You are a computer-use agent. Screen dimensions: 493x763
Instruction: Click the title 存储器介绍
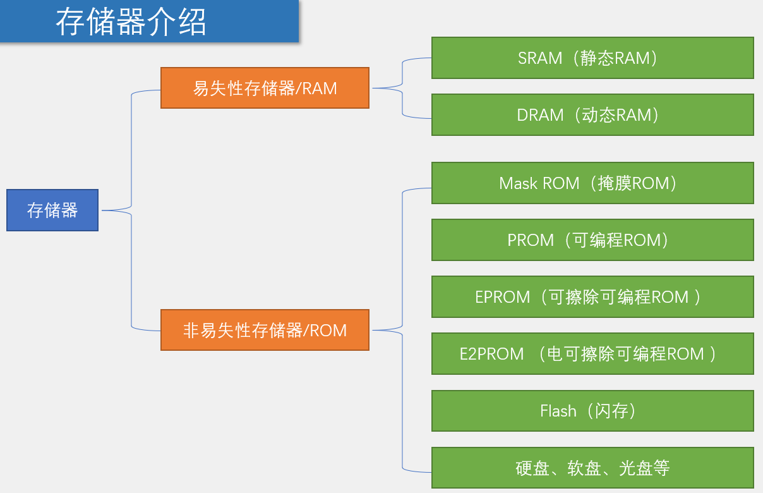[131, 21]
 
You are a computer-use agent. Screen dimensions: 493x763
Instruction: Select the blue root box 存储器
[52, 210]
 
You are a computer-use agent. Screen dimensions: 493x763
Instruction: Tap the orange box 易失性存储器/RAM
[265, 88]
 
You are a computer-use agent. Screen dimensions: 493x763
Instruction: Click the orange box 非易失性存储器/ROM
[265, 329]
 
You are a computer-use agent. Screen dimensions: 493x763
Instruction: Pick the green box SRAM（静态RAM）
[592, 58]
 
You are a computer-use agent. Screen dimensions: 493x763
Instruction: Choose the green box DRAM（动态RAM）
[592, 114]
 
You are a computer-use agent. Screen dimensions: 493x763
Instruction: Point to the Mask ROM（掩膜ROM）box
[592, 183]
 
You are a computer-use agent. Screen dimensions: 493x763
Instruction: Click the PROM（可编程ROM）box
[592, 240]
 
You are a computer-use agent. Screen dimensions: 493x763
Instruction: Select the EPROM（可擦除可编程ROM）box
[592, 296]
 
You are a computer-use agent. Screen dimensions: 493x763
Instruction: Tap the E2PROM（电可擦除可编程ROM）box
[592, 353]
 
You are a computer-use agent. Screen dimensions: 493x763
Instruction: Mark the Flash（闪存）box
[592, 411]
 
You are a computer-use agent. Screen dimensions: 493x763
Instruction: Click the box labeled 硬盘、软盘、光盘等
[592, 468]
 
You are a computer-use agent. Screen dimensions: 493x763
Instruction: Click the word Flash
[558, 411]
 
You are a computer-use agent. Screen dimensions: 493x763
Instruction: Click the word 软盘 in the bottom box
[584, 468]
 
